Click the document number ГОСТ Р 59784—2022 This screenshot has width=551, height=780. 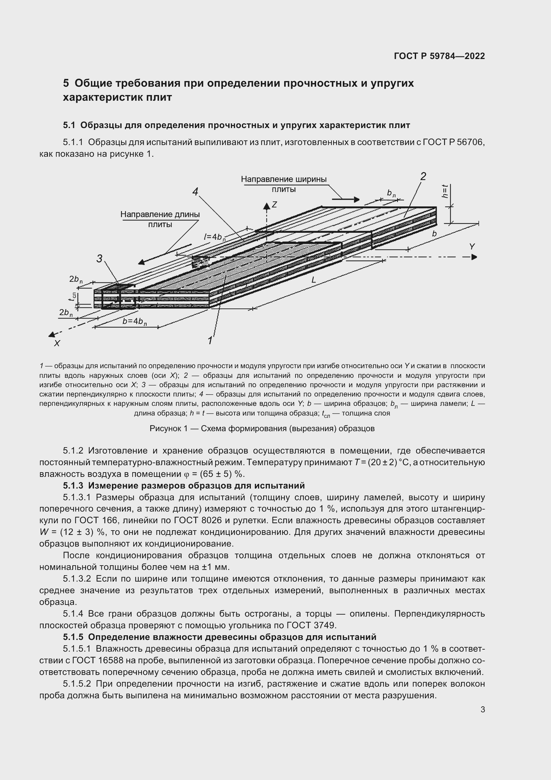[x=439, y=56]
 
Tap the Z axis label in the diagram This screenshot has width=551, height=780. [x=274, y=204]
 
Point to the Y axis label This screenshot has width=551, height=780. [x=472, y=247]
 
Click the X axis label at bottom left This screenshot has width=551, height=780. [x=57, y=343]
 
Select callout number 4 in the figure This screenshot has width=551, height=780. [x=195, y=192]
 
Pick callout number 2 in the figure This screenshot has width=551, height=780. [x=423, y=176]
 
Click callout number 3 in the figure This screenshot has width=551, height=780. [x=99, y=258]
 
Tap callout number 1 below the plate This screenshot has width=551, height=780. [x=210, y=340]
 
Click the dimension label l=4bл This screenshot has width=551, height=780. [x=215, y=237]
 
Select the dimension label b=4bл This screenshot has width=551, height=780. [x=134, y=321]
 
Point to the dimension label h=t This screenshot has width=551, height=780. [x=445, y=191]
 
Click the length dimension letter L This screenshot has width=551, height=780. [x=313, y=280]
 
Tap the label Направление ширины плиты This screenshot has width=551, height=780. [x=283, y=184]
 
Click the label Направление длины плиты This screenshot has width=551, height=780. [x=160, y=219]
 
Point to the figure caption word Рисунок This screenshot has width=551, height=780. [x=165, y=429]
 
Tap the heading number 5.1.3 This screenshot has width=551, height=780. [x=73, y=486]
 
